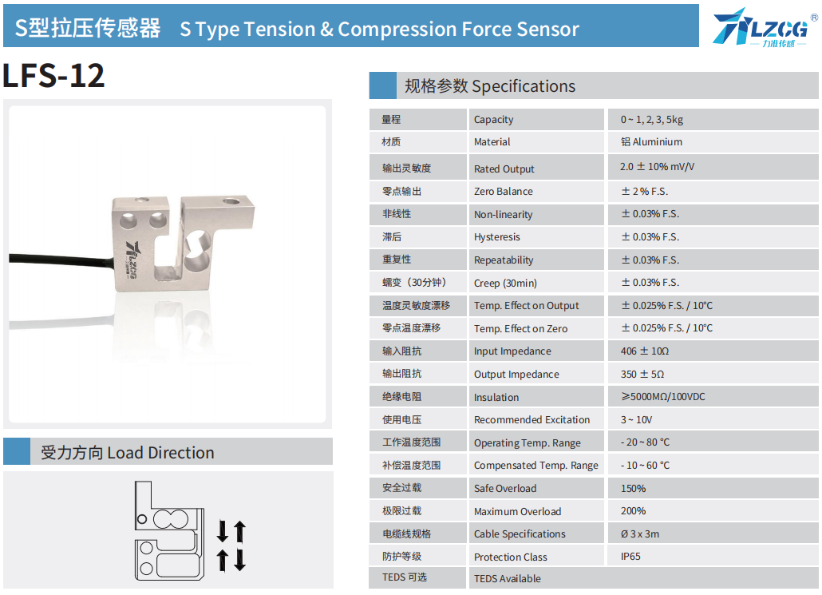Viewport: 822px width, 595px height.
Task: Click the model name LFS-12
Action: [x=53, y=76]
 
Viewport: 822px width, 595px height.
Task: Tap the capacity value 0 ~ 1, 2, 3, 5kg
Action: [x=652, y=120]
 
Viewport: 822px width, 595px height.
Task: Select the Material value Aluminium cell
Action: [x=652, y=141]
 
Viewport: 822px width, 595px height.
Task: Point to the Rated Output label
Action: [x=504, y=169]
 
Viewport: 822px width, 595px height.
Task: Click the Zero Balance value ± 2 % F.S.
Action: [x=644, y=192]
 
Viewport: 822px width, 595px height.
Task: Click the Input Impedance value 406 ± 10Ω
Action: [x=645, y=351]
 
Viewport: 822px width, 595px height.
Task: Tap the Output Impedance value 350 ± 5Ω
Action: [x=642, y=374]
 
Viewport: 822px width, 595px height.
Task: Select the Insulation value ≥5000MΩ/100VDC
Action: [x=663, y=397]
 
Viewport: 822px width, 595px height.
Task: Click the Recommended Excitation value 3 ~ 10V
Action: [x=636, y=420]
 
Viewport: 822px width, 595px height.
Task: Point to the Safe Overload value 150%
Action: [x=634, y=489]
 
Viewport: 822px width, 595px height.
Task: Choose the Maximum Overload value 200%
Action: [x=634, y=511]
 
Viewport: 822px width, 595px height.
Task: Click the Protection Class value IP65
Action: [x=630, y=557]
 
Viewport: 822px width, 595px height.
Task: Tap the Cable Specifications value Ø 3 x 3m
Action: [x=640, y=534]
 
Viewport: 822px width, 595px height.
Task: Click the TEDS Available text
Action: [x=508, y=579]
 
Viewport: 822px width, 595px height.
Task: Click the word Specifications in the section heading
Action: [x=524, y=86]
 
